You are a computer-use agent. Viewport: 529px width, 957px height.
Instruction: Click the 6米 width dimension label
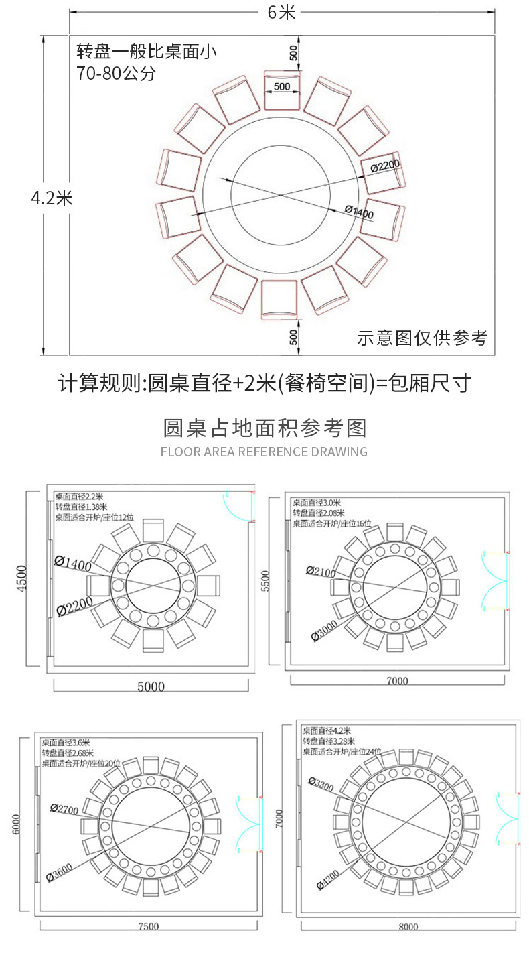[282, 12]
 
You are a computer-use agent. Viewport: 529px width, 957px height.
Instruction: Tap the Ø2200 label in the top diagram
[384, 164]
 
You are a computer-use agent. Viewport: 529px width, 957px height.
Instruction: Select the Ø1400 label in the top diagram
[360, 211]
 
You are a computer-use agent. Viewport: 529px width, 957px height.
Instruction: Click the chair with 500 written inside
[282, 92]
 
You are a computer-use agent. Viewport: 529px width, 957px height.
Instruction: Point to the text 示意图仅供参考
[422, 338]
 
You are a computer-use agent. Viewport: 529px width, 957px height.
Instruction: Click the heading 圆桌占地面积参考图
[264, 428]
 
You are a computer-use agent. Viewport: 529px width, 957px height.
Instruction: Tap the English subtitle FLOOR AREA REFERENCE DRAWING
[264, 452]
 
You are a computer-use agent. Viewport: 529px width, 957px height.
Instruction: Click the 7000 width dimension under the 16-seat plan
[396, 681]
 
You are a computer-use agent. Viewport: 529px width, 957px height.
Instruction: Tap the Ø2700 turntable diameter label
[65, 809]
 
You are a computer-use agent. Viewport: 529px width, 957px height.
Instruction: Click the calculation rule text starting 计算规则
[264, 384]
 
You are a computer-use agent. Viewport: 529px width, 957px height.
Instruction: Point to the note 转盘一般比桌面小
[147, 51]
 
